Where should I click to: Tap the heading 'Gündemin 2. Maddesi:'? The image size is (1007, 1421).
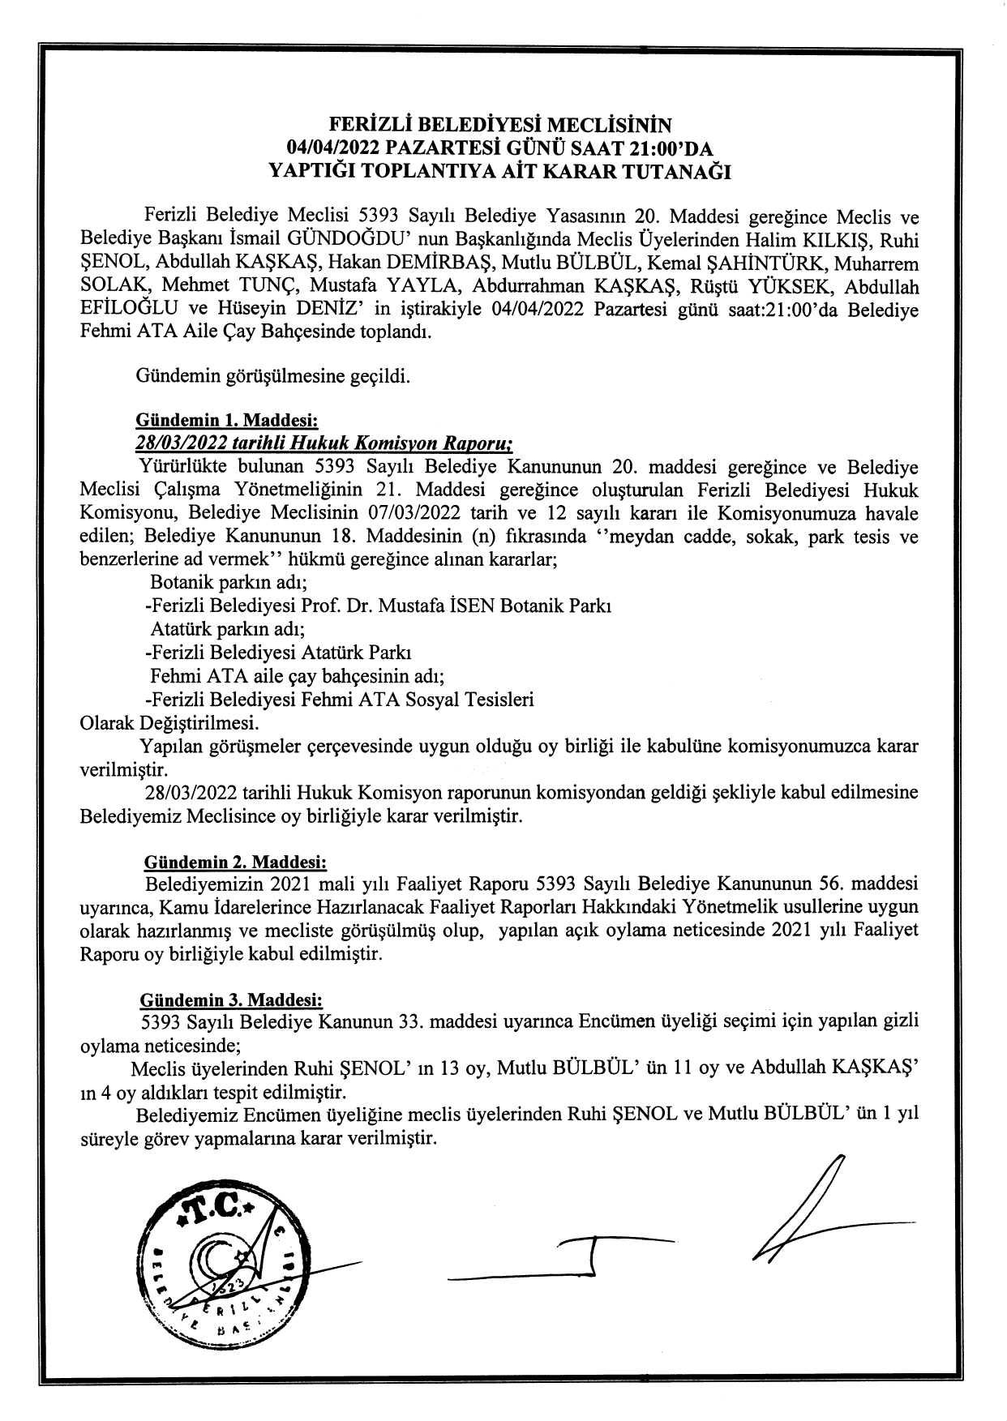[235, 860]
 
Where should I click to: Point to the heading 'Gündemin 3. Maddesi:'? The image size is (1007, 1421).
[232, 999]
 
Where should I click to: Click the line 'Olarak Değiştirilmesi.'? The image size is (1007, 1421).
[170, 722]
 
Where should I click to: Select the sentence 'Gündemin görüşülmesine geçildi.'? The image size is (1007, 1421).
[273, 377]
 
